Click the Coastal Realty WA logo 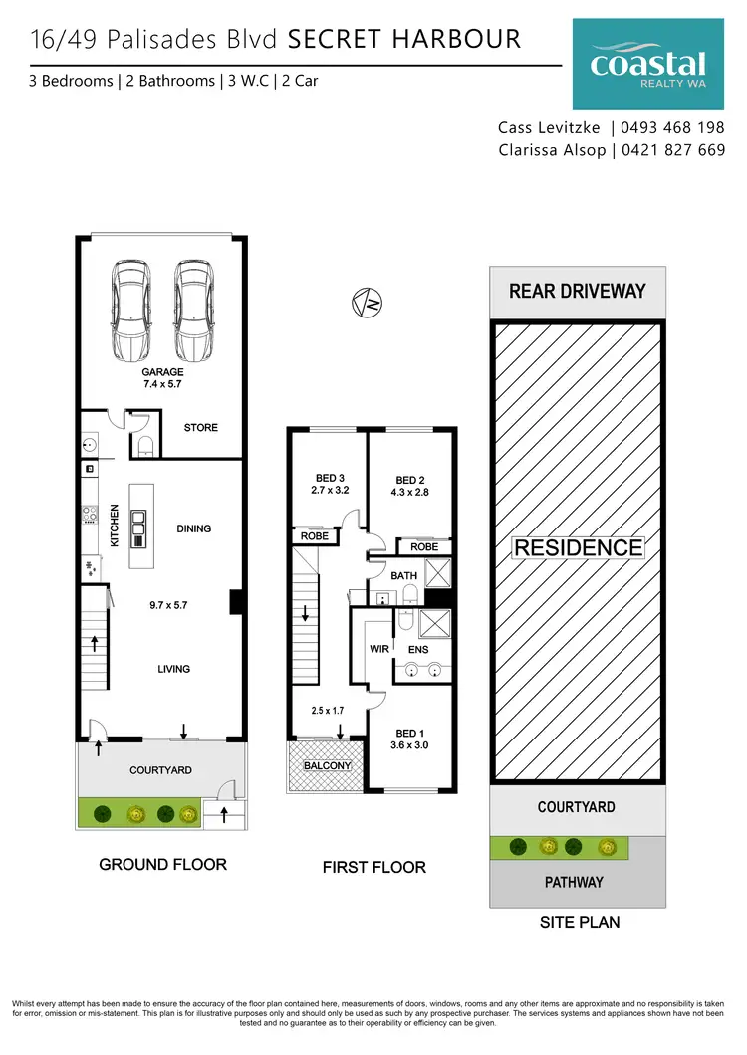(x=647, y=66)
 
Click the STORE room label (x=200, y=428)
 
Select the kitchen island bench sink (x=138, y=517)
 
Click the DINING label (x=194, y=528)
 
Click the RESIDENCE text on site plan (x=578, y=547)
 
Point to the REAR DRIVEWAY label (x=578, y=292)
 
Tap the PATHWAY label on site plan (x=576, y=882)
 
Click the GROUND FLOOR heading (x=162, y=864)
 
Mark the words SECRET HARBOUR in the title (x=403, y=40)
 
